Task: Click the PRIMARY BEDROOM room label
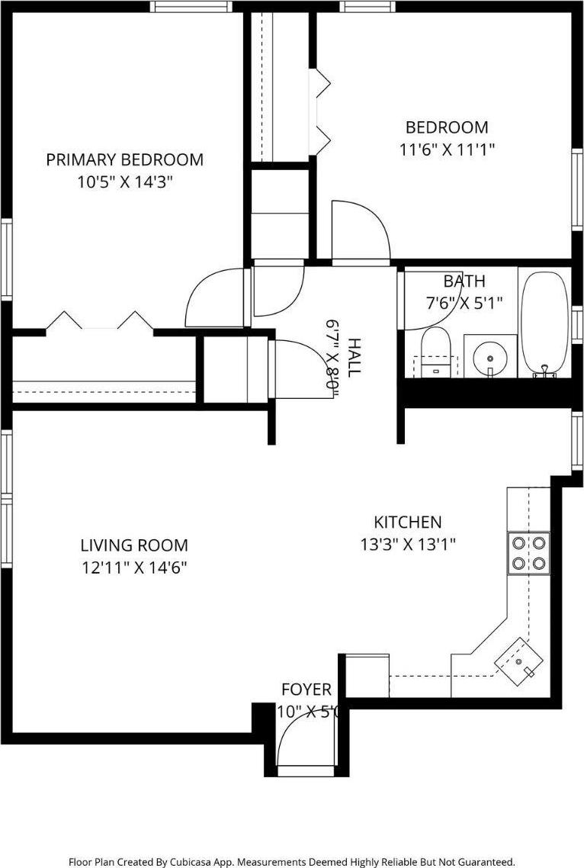click(124, 159)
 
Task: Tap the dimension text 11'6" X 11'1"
click(447, 150)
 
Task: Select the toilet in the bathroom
click(436, 353)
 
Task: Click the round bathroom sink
click(487, 355)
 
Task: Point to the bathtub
click(544, 324)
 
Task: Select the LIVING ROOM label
click(134, 545)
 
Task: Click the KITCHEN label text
click(407, 522)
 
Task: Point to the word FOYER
click(306, 690)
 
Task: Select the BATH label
click(464, 281)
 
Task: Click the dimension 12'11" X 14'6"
click(134, 567)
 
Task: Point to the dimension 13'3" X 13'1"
click(407, 545)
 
